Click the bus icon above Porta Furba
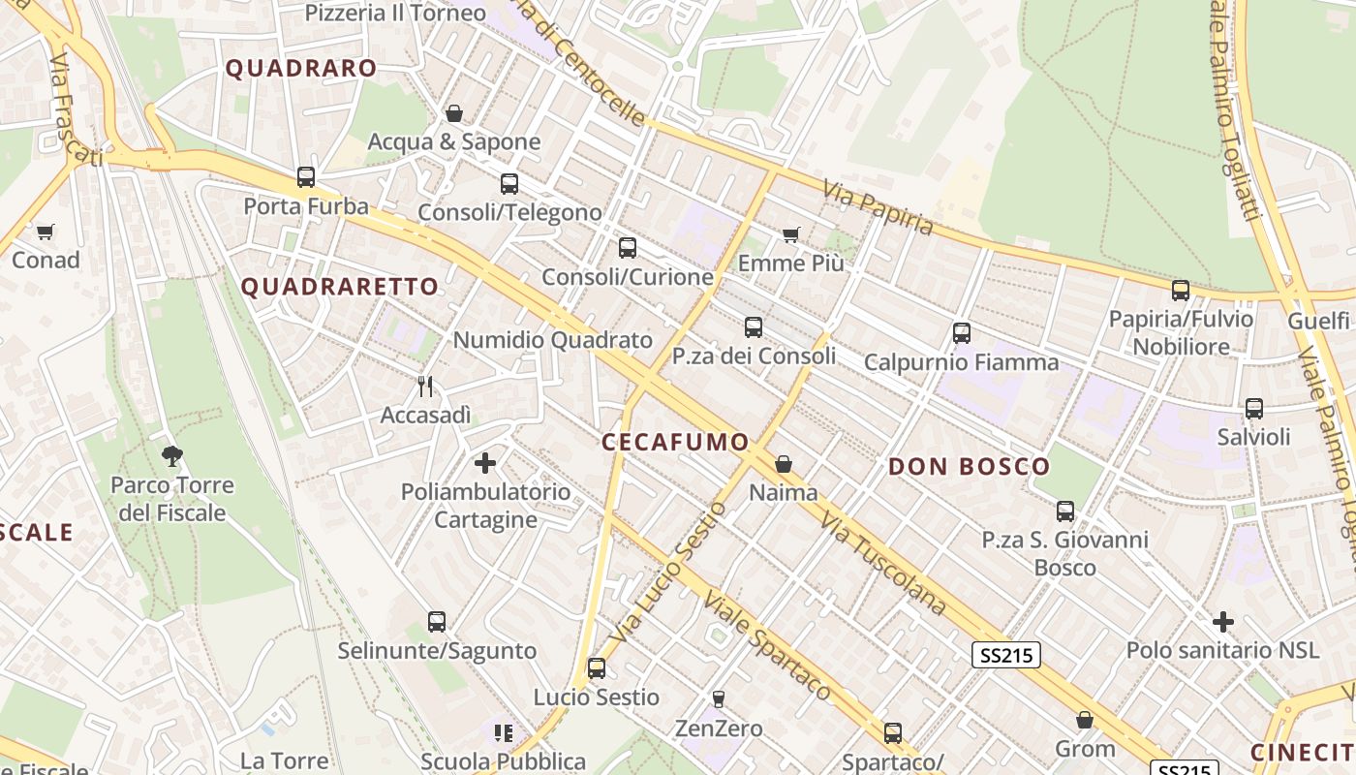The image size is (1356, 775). click(306, 177)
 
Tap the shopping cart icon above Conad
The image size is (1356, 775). click(46, 232)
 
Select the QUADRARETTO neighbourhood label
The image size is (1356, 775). click(339, 287)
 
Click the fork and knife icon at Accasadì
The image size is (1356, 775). click(425, 387)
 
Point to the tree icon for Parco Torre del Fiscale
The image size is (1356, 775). click(172, 454)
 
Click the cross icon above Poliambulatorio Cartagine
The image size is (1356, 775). click(485, 463)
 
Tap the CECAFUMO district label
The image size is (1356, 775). click(675, 443)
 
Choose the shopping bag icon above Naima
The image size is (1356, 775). click(784, 464)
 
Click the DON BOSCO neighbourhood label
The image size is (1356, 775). click(969, 467)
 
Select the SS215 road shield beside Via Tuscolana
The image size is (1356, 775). click(1006, 656)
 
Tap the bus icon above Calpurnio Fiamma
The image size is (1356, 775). click(962, 333)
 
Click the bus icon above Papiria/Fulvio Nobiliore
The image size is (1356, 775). click(1181, 290)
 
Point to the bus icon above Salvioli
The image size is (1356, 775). click(1254, 409)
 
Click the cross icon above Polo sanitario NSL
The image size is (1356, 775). click(1223, 621)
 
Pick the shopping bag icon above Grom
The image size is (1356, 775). click(1085, 720)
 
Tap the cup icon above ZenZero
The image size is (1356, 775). click(719, 698)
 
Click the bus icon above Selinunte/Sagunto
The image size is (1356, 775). click(437, 622)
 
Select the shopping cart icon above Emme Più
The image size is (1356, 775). click(791, 234)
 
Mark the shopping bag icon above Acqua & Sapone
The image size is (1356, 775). click(453, 113)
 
